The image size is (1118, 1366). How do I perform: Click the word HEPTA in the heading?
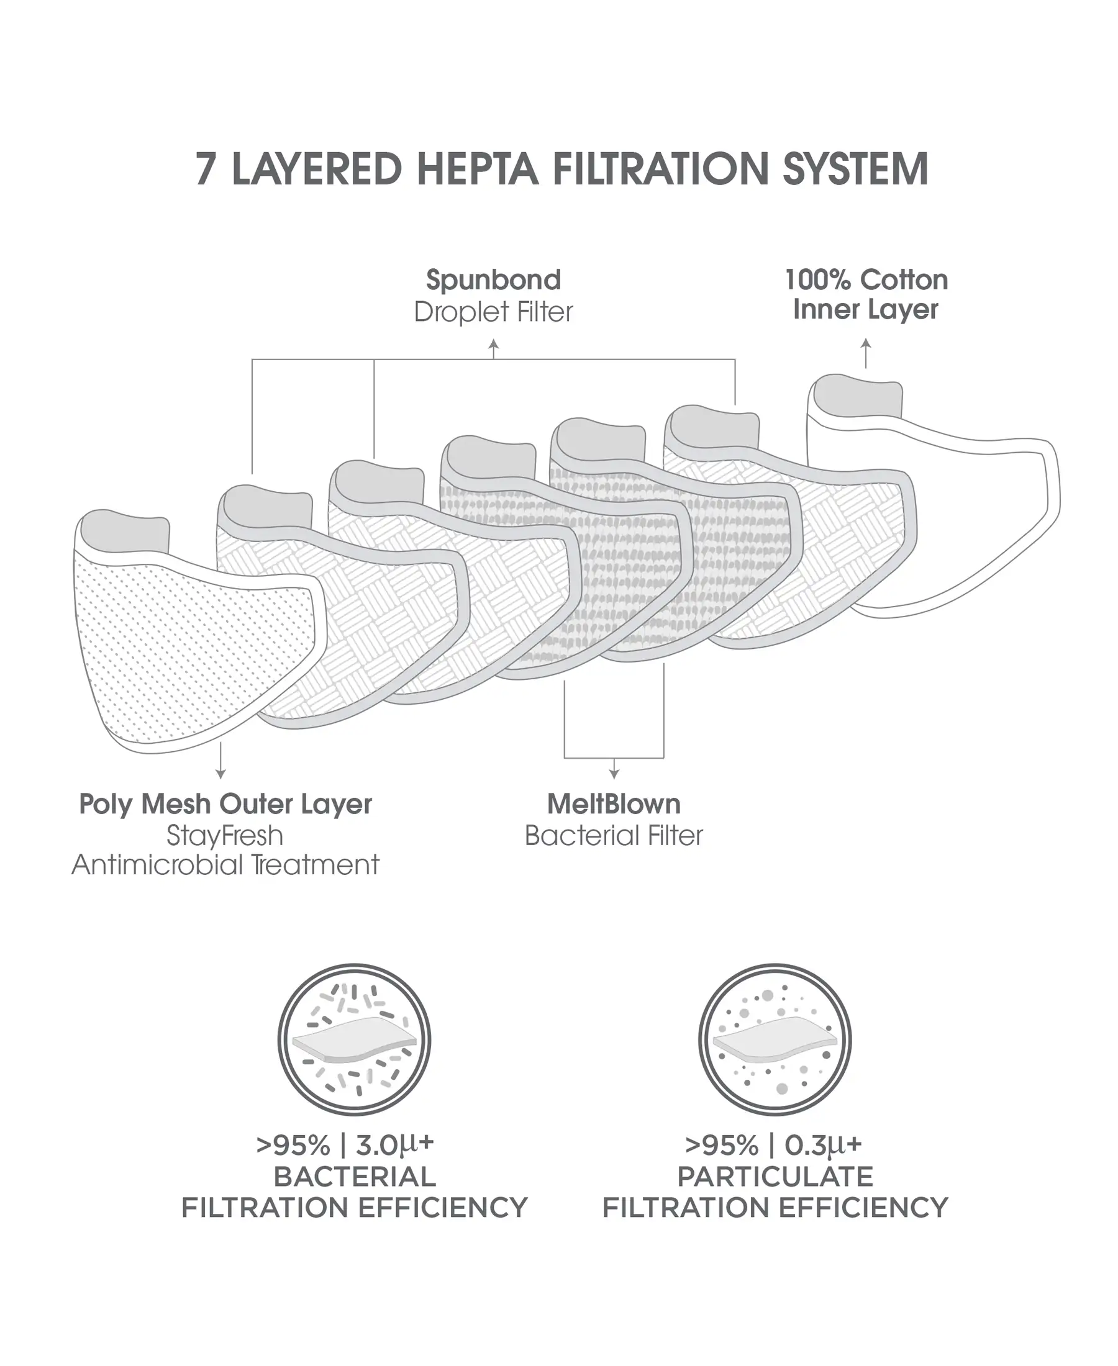coord(477,170)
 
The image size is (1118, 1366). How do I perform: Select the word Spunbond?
coord(493,280)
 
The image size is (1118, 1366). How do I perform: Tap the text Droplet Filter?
coord(493,312)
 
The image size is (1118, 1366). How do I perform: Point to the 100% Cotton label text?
coord(866,280)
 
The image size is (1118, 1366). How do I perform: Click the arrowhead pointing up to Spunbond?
coord(493,345)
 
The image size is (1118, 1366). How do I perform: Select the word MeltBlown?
coord(614,804)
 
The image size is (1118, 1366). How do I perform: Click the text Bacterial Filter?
coord(614,836)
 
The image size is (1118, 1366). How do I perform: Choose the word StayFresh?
coord(225,836)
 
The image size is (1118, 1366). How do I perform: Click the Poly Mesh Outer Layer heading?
coord(225,804)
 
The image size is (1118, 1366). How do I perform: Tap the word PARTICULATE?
coord(775,1177)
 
